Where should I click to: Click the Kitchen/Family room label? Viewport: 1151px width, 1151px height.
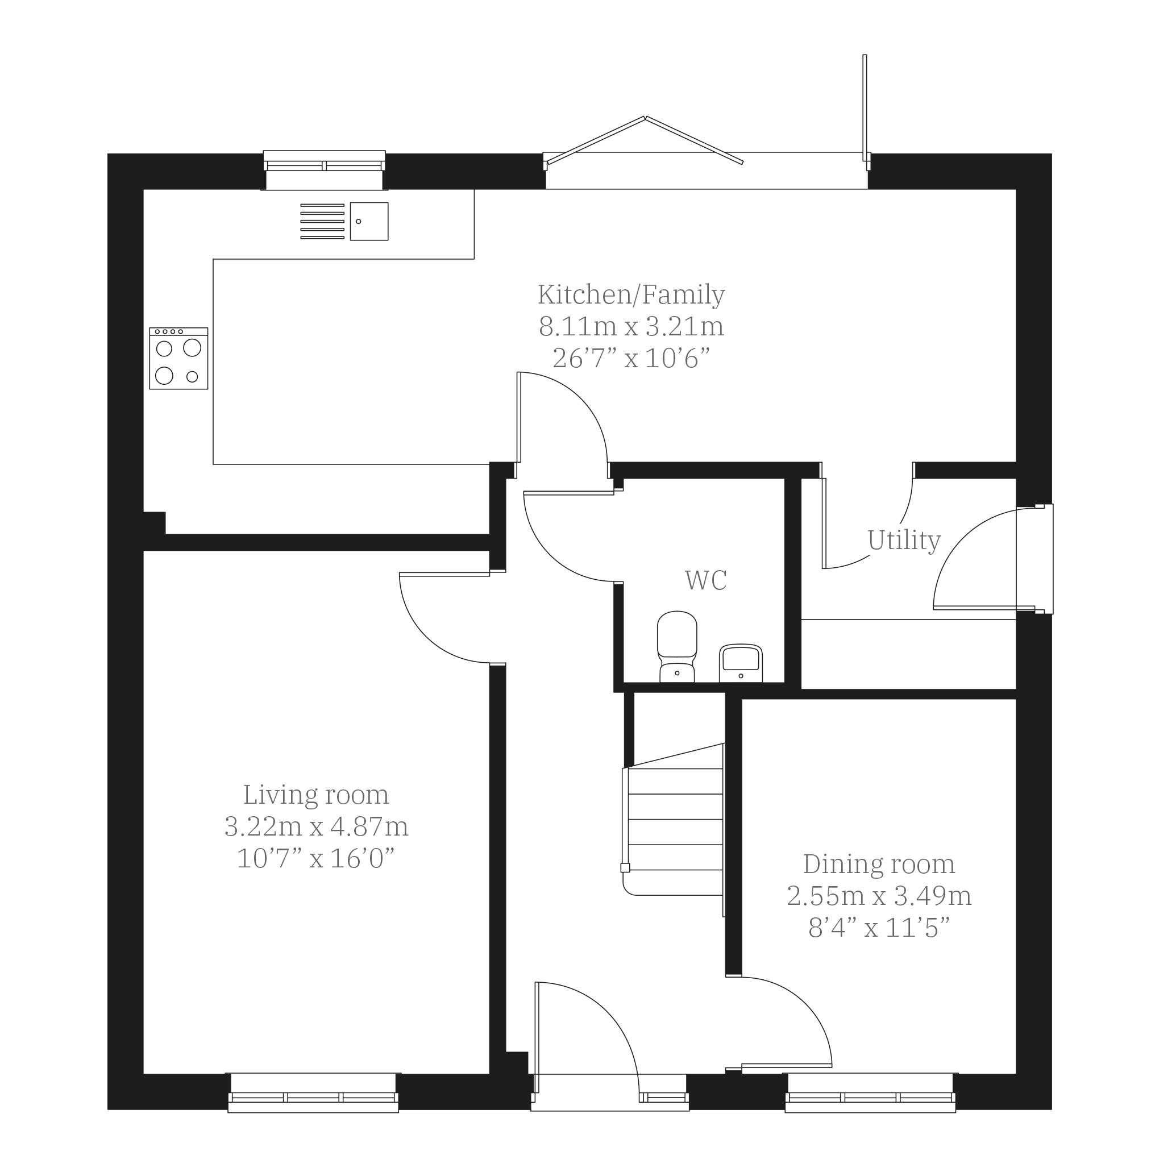(x=631, y=295)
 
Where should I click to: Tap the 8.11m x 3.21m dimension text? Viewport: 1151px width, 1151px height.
(x=631, y=326)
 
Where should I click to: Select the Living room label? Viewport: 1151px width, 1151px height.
(x=316, y=795)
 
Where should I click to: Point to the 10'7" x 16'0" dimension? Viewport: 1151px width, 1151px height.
(x=316, y=858)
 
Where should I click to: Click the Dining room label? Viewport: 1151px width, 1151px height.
(x=879, y=865)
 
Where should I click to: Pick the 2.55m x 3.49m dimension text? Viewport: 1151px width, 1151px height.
(x=879, y=896)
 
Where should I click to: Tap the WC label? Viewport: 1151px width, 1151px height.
(x=706, y=580)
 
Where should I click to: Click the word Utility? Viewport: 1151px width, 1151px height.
(x=904, y=541)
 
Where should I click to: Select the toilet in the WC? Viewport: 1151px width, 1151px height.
(x=677, y=647)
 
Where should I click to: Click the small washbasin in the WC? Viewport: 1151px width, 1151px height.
(x=741, y=663)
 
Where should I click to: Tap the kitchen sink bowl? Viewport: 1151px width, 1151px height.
(x=369, y=222)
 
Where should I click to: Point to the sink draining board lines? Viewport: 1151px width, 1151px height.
(x=322, y=222)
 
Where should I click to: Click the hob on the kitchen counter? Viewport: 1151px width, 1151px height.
(x=178, y=359)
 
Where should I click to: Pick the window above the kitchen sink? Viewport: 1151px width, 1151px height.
(x=324, y=171)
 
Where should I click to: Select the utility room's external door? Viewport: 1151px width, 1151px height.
(x=993, y=559)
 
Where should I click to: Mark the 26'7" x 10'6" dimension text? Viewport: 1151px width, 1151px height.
(x=631, y=359)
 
